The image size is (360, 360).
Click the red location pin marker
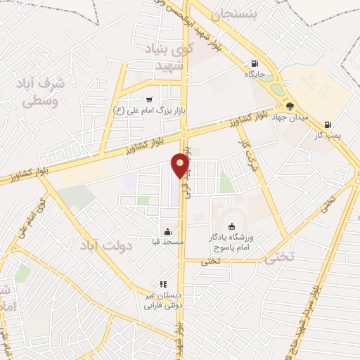pos(181,166)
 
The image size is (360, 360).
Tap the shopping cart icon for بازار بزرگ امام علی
pos(149,100)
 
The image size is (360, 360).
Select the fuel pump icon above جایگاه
pos(253,62)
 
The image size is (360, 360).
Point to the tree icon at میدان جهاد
pos(290,106)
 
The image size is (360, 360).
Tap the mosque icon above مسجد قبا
pos(167,231)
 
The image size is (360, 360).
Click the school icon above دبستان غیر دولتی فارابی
pos(162,284)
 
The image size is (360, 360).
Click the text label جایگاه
pos(253,72)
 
